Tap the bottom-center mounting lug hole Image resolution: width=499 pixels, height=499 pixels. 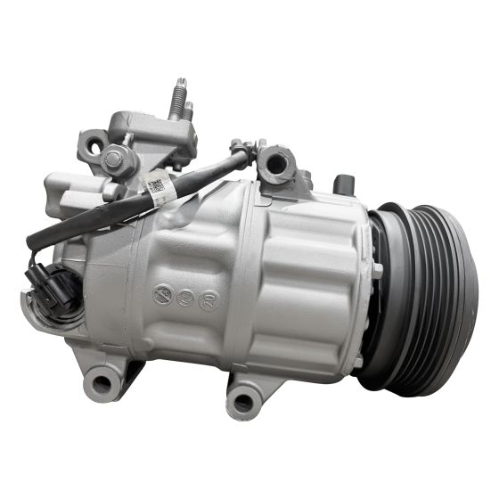pos(243,400)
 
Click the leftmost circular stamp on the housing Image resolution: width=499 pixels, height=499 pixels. pos(162,291)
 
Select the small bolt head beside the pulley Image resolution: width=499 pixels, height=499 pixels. pos(378,268)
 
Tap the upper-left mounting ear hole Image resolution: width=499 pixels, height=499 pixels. pos(89,143)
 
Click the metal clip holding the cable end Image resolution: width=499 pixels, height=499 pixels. pos(241,151)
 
